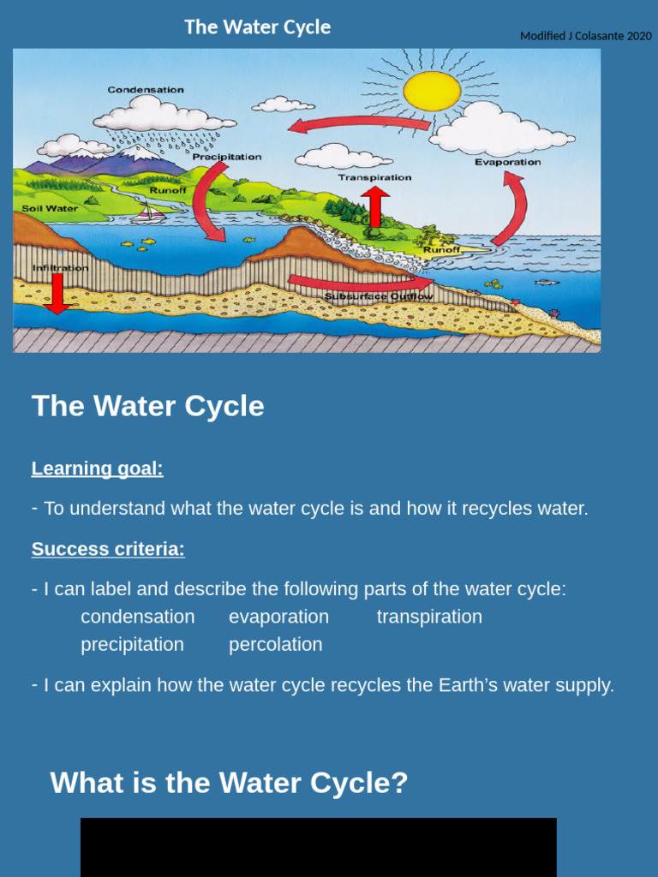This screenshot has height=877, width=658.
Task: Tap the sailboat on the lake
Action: coord(151,213)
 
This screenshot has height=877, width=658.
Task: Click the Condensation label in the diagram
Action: coord(146,90)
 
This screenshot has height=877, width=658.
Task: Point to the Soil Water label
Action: coord(51,208)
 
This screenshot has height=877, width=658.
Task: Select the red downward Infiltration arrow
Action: coord(57,294)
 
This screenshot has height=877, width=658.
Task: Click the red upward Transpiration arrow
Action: coord(375,206)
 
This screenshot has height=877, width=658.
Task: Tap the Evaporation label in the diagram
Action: coord(507,162)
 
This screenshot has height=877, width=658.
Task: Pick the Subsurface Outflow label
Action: coord(379,296)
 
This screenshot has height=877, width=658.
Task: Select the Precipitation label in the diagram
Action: coord(227,157)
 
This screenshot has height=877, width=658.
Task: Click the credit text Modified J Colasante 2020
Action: coord(586,36)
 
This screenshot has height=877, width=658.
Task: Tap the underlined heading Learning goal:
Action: coord(97,468)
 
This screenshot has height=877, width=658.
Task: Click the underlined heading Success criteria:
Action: coord(108,549)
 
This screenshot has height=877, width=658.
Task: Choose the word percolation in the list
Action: coord(275,644)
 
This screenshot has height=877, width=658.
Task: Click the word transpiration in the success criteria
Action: coord(429,617)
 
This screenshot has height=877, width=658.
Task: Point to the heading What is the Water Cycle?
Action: coord(229,783)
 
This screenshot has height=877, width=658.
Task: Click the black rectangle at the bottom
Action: coord(318,847)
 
